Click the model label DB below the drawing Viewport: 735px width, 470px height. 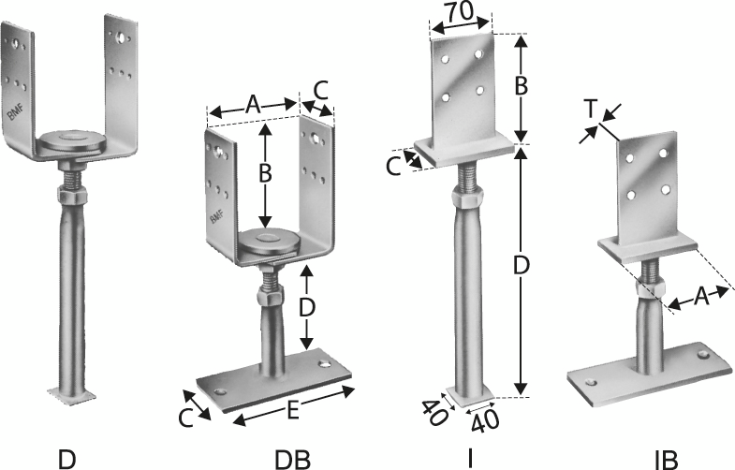(292, 459)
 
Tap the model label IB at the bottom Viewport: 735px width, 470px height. (666, 460)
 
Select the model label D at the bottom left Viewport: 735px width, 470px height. (66, 459)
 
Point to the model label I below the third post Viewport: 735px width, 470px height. (470, 459)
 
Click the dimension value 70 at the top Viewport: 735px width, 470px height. (462, 12)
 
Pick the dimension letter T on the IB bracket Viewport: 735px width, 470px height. (590, 110)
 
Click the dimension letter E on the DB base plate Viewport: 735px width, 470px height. (292, 411)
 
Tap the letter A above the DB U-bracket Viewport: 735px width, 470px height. (253, 104)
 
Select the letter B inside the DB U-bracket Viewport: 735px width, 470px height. (265, 174)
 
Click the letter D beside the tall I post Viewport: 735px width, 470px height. (521, 266)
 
